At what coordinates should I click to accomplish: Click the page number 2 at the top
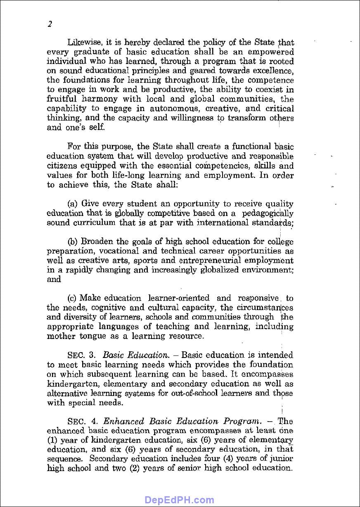(50, 24)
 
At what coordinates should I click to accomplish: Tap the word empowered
(273, 52)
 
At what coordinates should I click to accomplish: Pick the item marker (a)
(73, 204)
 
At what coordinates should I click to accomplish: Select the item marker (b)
(73, 242)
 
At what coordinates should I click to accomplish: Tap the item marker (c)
(73, 298)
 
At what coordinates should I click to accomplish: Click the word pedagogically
(268, 213)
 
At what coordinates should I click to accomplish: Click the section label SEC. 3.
(82, 355)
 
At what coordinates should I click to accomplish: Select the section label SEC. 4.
(82, 422)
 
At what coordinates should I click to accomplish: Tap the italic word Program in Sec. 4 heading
(242, 422)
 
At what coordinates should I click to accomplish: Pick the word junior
(282, 459)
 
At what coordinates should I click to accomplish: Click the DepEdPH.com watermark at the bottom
(180, 500)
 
